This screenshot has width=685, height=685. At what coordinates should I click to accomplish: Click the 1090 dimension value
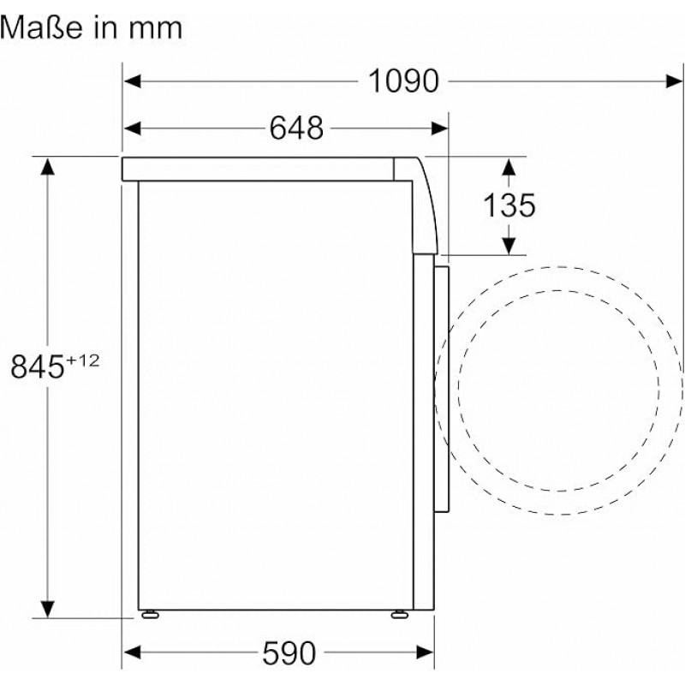(x=403, y=81)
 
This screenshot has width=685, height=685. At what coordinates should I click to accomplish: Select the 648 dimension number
(x=296, y=128)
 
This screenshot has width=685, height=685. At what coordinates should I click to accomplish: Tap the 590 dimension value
(x=289, y=653)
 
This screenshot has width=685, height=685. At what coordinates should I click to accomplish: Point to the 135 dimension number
(x=509, y=205)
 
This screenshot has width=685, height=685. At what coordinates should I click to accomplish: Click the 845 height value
(x=38, y=366)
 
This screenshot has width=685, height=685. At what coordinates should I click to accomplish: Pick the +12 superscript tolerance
(x=82, y=360)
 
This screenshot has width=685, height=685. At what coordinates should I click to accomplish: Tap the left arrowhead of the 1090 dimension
(x=133, y=81)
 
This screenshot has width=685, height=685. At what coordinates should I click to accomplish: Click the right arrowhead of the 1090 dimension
(x=674, y=81)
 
